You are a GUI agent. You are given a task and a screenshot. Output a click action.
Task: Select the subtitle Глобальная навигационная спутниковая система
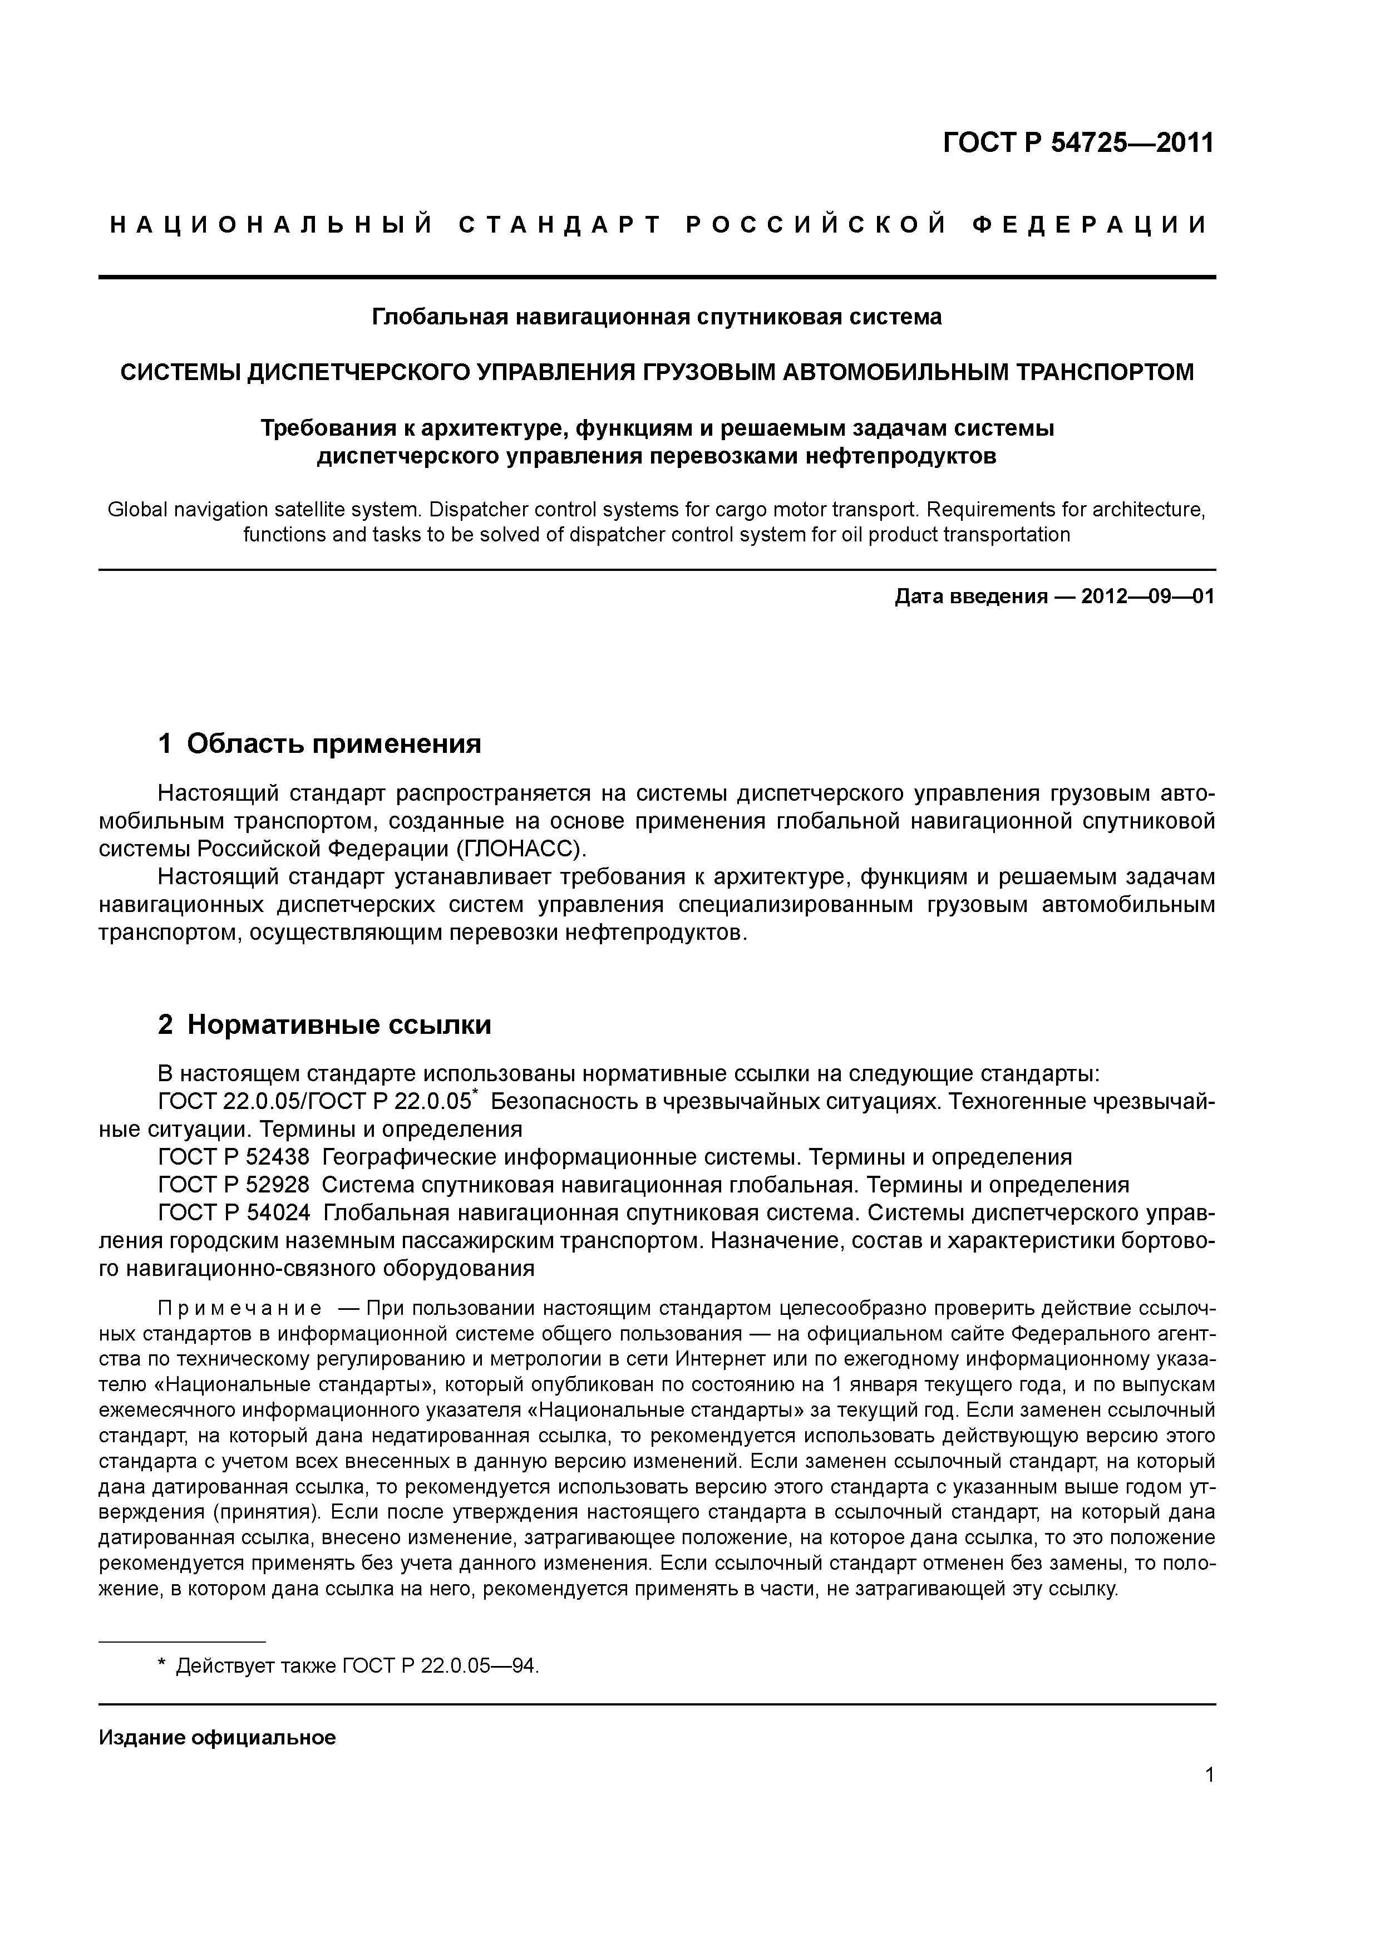tap(657, 317)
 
